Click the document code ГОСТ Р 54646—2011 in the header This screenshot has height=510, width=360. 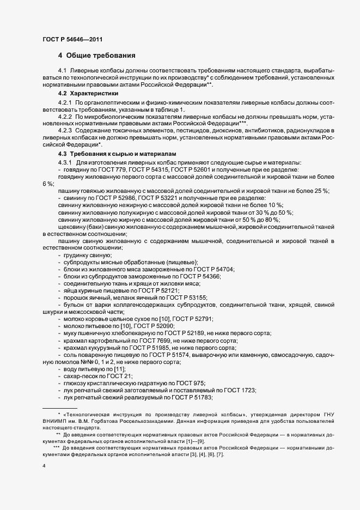point(72,39)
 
